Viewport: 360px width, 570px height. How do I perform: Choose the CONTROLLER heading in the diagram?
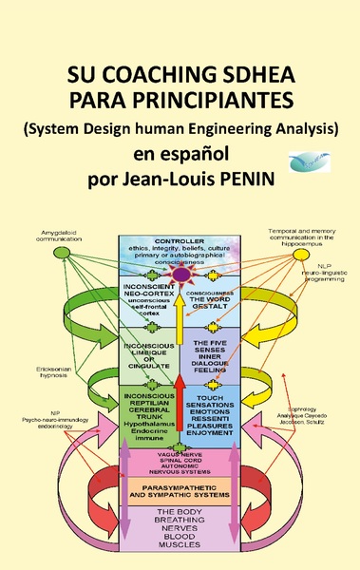(180, 240)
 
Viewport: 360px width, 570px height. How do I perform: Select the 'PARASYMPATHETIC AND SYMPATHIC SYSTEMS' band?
(180, 492)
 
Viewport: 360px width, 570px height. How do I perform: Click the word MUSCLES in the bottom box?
(180, 546)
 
